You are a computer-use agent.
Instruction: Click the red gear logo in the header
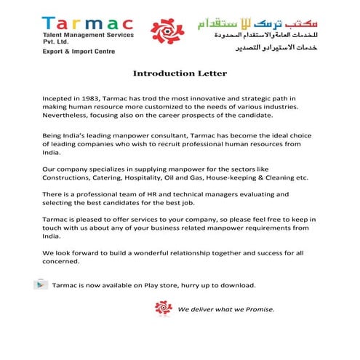pyautogui.click(x=166, y=31)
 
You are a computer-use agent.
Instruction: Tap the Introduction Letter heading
pyautogui.click(x=180, y=73)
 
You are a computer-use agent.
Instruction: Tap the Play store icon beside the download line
pyautogui.click(x=39, y=284)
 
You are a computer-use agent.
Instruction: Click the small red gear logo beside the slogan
pyautogui.click(x=164, y=309)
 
